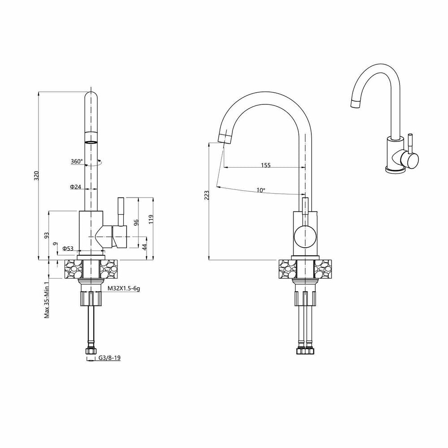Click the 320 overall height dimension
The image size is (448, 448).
click(x=36, y=176)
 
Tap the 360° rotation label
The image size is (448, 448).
click(x=77, y=161)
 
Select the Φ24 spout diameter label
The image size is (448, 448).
click(x=76, y=187)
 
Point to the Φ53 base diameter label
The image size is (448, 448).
click(x=68, y=249)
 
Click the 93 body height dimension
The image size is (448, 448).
click(x=47, y=235)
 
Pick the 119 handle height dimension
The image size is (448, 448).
click(x=151, y=219)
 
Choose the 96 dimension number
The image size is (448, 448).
click(x=136, y=223)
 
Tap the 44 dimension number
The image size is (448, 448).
click(x=144, y=247)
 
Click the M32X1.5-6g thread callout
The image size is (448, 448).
click(x=124, y=289)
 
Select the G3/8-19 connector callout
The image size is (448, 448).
click(x=109, y=358)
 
